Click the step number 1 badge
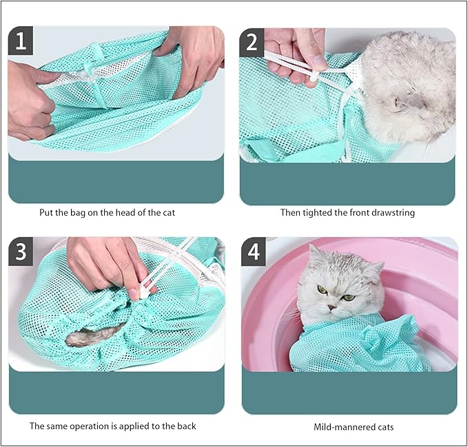click(21, 41)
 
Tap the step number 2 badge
click(252, 43)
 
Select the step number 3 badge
click(21, 251)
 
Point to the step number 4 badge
click(254, 252)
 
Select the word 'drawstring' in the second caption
click(392, 213)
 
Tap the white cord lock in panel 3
click(143, 291)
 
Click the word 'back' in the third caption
click(185, 426)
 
